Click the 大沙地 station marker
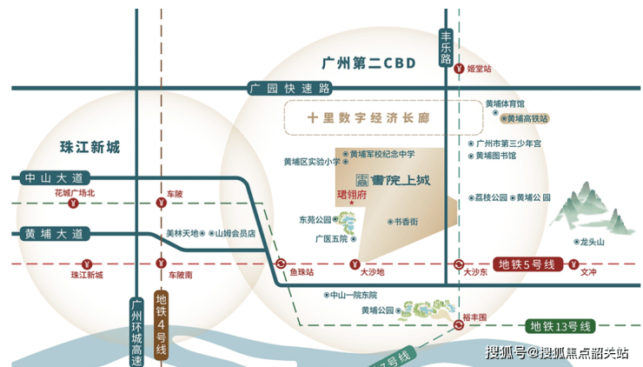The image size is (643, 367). (354, 264)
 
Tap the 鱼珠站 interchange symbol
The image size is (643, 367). (281, 264)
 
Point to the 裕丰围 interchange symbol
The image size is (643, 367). (458, 325)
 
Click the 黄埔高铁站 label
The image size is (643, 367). (527, 117)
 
